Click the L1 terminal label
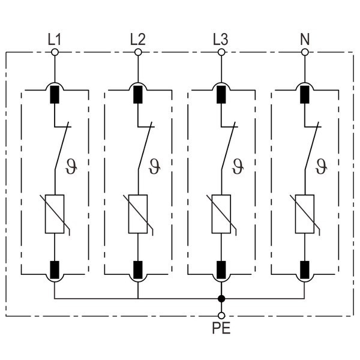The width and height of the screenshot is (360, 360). (54, 40)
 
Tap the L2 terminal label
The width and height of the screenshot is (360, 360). (137, 40)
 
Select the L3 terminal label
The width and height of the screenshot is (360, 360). (221, 40)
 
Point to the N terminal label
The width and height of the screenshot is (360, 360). (304, 40)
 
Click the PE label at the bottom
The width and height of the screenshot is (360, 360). (221, 328)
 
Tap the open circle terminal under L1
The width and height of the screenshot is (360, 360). (55, 53)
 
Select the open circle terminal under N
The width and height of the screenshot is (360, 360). (305, 53)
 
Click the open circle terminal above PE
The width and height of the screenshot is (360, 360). (221, 315)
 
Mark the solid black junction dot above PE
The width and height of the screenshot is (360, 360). (221, 298)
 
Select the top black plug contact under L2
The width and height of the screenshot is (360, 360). (138, 94)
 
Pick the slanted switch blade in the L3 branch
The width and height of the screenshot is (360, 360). (229, 148)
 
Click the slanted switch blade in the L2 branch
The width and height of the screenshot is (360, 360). (145, 148)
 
